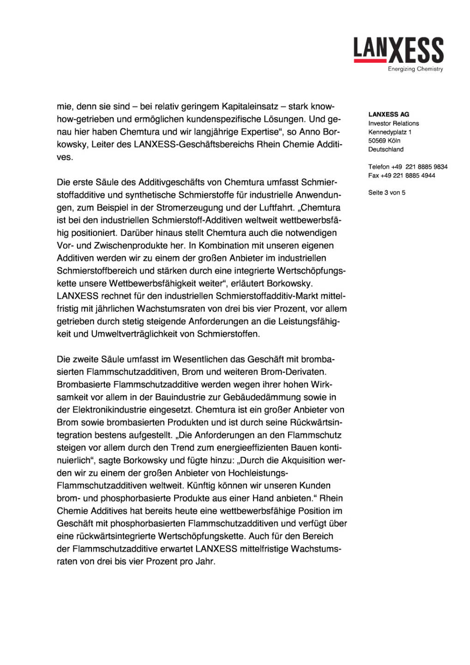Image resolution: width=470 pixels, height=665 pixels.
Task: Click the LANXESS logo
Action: click(398, 51)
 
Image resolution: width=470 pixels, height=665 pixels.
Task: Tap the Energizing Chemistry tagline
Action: click(415, 69)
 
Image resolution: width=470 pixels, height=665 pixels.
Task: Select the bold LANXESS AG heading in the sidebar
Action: click(389, 115)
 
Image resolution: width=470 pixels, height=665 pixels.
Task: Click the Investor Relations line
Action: click(393, 123)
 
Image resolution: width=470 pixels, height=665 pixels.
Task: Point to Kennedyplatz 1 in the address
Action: click(390, 132)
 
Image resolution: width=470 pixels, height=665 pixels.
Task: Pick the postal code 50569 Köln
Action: click(384, 140)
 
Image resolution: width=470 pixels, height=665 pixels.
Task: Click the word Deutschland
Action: click(386, 149)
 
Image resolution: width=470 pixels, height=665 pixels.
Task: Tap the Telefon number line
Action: click(408, 167)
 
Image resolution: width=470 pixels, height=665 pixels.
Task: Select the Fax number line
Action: click(401, 175)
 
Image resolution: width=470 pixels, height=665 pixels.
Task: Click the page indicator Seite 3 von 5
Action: click(386, 193)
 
